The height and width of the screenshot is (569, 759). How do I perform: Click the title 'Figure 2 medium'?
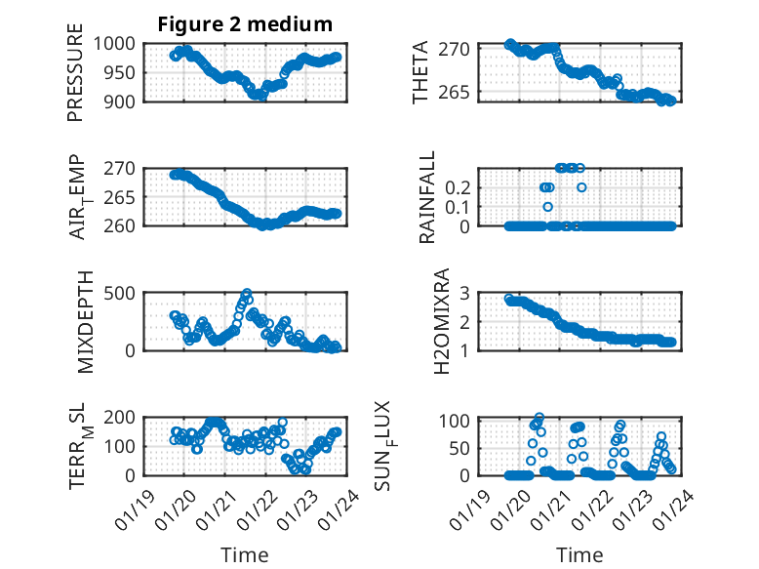[245, 24]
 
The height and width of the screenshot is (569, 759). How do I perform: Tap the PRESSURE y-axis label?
[76, 80]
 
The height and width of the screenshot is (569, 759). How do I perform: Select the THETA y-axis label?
[421, 72]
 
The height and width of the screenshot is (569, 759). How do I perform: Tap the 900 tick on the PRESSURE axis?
[124, 101]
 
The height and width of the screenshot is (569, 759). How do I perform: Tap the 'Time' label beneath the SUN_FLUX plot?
[579, 554]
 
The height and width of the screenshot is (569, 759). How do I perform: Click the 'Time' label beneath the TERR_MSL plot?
[244, 554]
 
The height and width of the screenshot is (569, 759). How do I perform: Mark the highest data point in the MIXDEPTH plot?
[247, 293]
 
